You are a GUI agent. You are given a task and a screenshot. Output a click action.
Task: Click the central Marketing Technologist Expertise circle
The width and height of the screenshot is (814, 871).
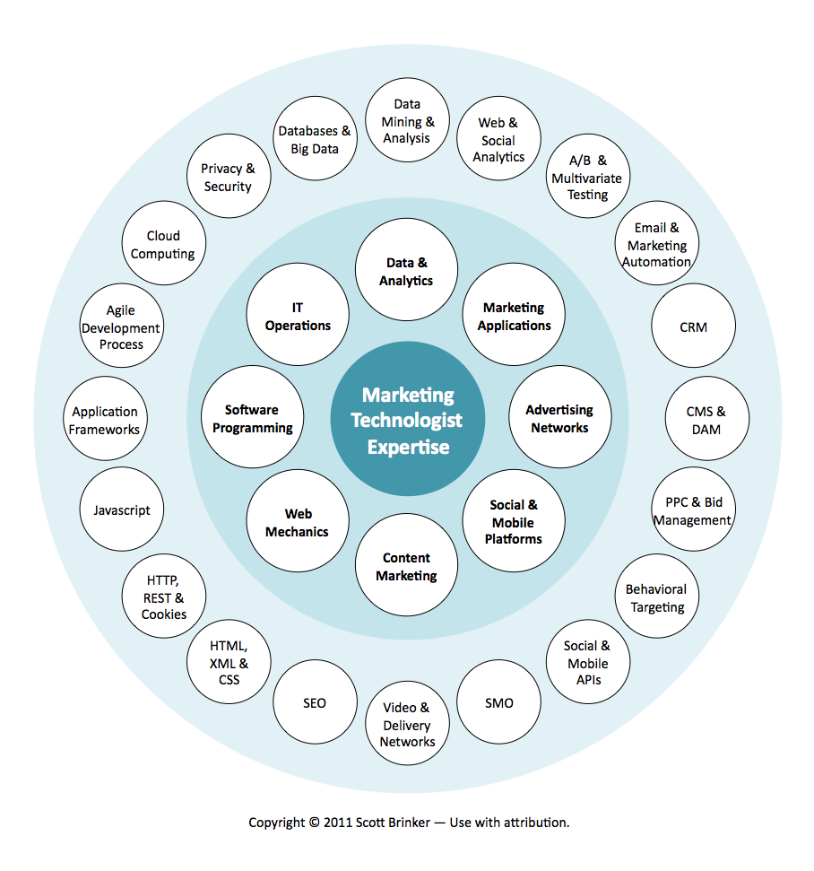tap(407, 420)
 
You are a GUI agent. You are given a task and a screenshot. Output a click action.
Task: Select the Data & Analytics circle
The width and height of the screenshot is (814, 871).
tap(407, 272)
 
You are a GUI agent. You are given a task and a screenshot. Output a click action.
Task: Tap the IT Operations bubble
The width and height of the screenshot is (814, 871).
tap(298, 316)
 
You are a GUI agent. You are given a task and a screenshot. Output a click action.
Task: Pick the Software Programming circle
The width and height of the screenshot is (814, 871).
tap(253, 419)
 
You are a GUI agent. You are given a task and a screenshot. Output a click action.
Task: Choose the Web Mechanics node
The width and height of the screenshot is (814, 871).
tap(298, 523)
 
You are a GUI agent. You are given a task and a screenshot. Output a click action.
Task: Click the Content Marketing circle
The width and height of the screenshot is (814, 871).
tap(407, 567)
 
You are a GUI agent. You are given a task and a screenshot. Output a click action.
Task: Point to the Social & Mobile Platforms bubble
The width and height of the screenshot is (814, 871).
tap(514, 522)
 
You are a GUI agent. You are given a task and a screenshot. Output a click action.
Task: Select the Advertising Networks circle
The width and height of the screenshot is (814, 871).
tap(559, 419)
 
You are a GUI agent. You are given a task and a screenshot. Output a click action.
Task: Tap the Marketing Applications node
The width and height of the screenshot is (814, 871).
tap(514, 316)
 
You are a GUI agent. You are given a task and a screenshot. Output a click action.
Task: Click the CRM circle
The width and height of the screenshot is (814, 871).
tap(693, 327)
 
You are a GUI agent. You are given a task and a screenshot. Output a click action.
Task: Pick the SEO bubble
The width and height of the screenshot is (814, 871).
tap(315, 703)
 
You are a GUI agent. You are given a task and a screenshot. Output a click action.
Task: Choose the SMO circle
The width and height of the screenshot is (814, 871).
tap(498, 703)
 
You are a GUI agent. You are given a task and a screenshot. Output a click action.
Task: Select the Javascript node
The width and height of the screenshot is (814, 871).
tap(122, 510)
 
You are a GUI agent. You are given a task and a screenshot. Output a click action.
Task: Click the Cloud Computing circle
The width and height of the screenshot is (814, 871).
tap(163, 244)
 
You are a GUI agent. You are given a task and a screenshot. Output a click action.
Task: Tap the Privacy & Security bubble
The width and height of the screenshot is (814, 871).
tap(228, 178)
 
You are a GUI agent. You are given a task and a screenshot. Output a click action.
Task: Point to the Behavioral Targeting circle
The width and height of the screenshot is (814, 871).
tap(656, 598)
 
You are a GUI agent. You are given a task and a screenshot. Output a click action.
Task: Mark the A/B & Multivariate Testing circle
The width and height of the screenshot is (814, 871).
tap(588, 177)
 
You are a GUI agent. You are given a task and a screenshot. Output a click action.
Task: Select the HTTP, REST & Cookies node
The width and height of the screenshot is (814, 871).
tap(164, 597)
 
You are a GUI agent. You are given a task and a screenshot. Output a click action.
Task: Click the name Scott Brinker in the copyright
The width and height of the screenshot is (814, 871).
tap(394, 822)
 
